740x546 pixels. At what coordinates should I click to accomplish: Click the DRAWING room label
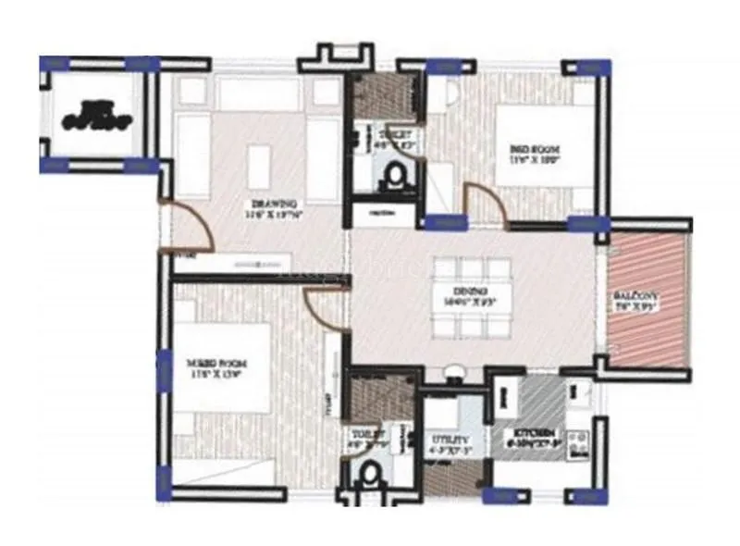pyautogui.click(x=275, y=203)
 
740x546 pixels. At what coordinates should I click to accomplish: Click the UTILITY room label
pyautogui.click(x=448, y=440)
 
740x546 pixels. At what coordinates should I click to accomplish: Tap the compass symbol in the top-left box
pyautogui.click(x=97, y=118)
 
